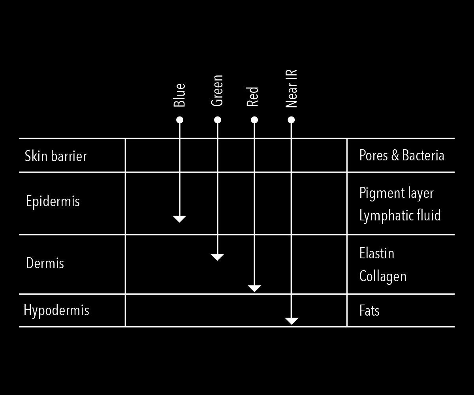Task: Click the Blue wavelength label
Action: click(x=179, y=95)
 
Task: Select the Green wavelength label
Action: click(x=217, y=91)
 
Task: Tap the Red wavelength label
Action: click(x=252, y=97)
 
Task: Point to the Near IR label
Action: click(x=291, y=89)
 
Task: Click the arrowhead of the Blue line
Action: click(x=180, y=219)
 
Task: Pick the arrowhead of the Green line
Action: click(x=217, y=257)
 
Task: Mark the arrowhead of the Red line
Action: click(x=254, y=288)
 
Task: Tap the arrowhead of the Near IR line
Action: click(x=292, y=321)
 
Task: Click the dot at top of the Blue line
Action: click(x=180, y=120)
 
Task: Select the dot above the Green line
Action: click(x=217, y=120)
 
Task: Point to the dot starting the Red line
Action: click(x=254, y=120)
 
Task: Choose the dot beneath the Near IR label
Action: click(x=291, y=120)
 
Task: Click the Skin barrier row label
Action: click(x=56, y=156)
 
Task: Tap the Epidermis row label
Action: click(x=53, y=201)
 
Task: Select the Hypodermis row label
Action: click(x=56, y=310)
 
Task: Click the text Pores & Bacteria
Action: click(x=402, y=156)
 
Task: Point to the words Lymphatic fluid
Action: click(x=400, y=216)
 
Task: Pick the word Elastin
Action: click(x=377, y=253)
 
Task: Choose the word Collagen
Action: click(x=383, y=276)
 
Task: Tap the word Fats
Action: click(x=369, y=310)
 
